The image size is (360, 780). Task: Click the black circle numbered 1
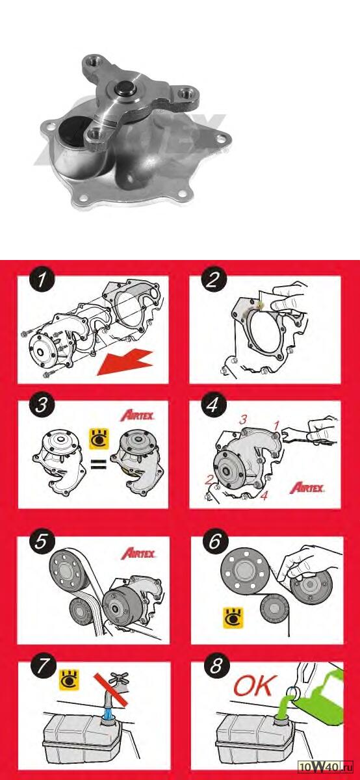(42, 279)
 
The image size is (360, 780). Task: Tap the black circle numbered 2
(212, 279)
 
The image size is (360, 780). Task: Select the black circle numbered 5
(42, 542)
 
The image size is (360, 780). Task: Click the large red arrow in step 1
(125, 363)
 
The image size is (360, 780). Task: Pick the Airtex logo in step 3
(137, 415)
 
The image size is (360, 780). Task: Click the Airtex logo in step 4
(307, 487)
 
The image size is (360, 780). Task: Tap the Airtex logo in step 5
(138, 553)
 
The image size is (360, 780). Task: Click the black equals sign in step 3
(99, 464)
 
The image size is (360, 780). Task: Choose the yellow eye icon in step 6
(233, 617)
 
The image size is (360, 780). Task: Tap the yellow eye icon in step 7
(69, 679)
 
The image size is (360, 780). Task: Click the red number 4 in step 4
(264, 495)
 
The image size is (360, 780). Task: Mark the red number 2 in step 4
(209, 480)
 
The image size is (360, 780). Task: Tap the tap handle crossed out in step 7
(118, 678)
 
